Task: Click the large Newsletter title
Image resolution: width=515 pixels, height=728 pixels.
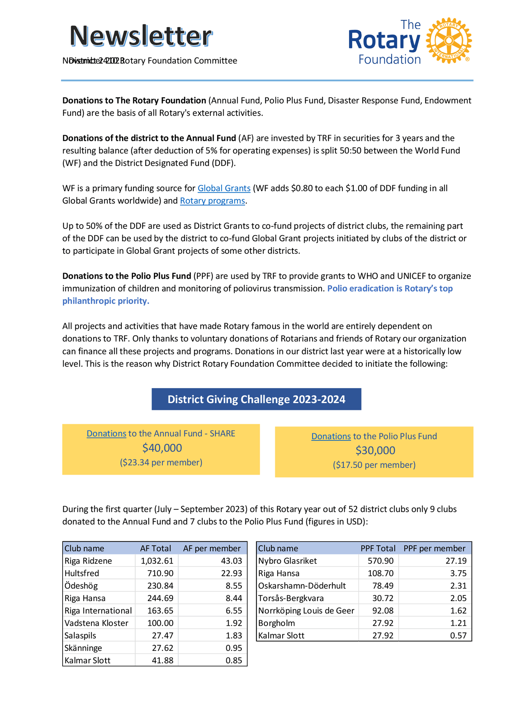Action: tap(141, 36)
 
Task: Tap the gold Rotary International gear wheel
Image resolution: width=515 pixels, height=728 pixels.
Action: tap(448, 40)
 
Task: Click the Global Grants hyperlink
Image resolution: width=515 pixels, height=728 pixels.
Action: tap(224, 188)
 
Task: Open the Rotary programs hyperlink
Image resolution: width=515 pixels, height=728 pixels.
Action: tap(212, 201)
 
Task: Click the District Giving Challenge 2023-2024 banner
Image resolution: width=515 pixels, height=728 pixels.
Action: tap(256, 399)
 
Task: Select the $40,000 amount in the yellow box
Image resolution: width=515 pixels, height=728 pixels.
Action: tap(162, 448)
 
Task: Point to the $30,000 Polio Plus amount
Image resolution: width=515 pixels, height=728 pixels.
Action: tap(375, 450)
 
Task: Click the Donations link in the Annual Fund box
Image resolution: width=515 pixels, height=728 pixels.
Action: tap(106, 433)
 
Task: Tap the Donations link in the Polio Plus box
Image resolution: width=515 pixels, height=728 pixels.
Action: tap(331, 436)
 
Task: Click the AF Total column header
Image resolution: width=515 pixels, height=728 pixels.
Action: tap(155, 549)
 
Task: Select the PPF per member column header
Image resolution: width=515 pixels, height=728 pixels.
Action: tap(434, 549)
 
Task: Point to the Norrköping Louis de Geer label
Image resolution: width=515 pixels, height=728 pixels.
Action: tap(306, 611)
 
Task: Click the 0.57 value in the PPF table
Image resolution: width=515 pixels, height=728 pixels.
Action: tap(458, 636)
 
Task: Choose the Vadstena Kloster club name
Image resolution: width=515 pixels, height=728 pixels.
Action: tap(96, 623)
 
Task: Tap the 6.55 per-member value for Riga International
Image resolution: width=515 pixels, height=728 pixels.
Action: tap(234, 611)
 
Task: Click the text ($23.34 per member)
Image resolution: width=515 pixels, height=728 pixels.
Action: tap(161, 463)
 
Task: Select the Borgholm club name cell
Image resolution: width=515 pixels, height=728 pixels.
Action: tap(277, 623)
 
